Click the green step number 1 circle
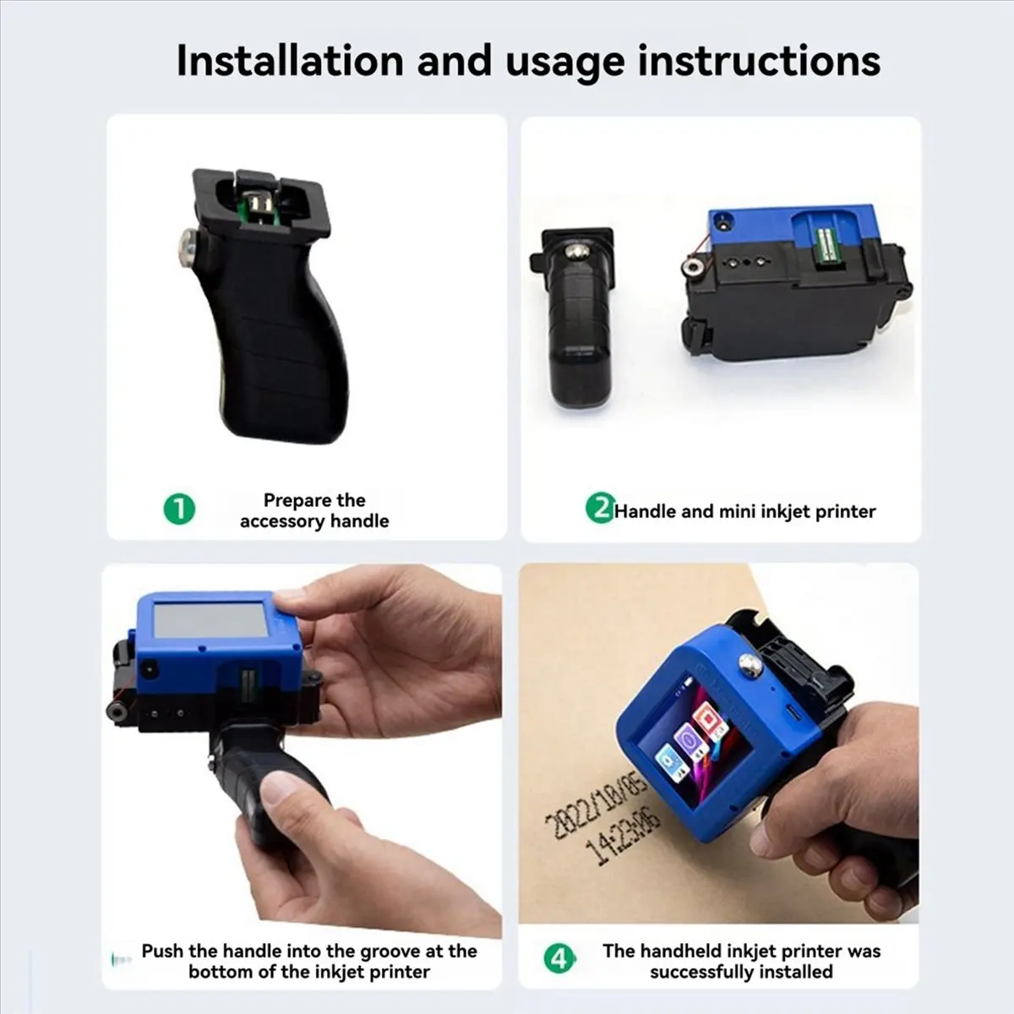point(179,510)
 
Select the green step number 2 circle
point(599,510)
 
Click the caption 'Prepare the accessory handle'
point(313,510)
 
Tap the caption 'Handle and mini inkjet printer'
point(744,511)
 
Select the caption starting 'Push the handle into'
point(309,961)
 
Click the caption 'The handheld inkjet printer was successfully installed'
point(741,961)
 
